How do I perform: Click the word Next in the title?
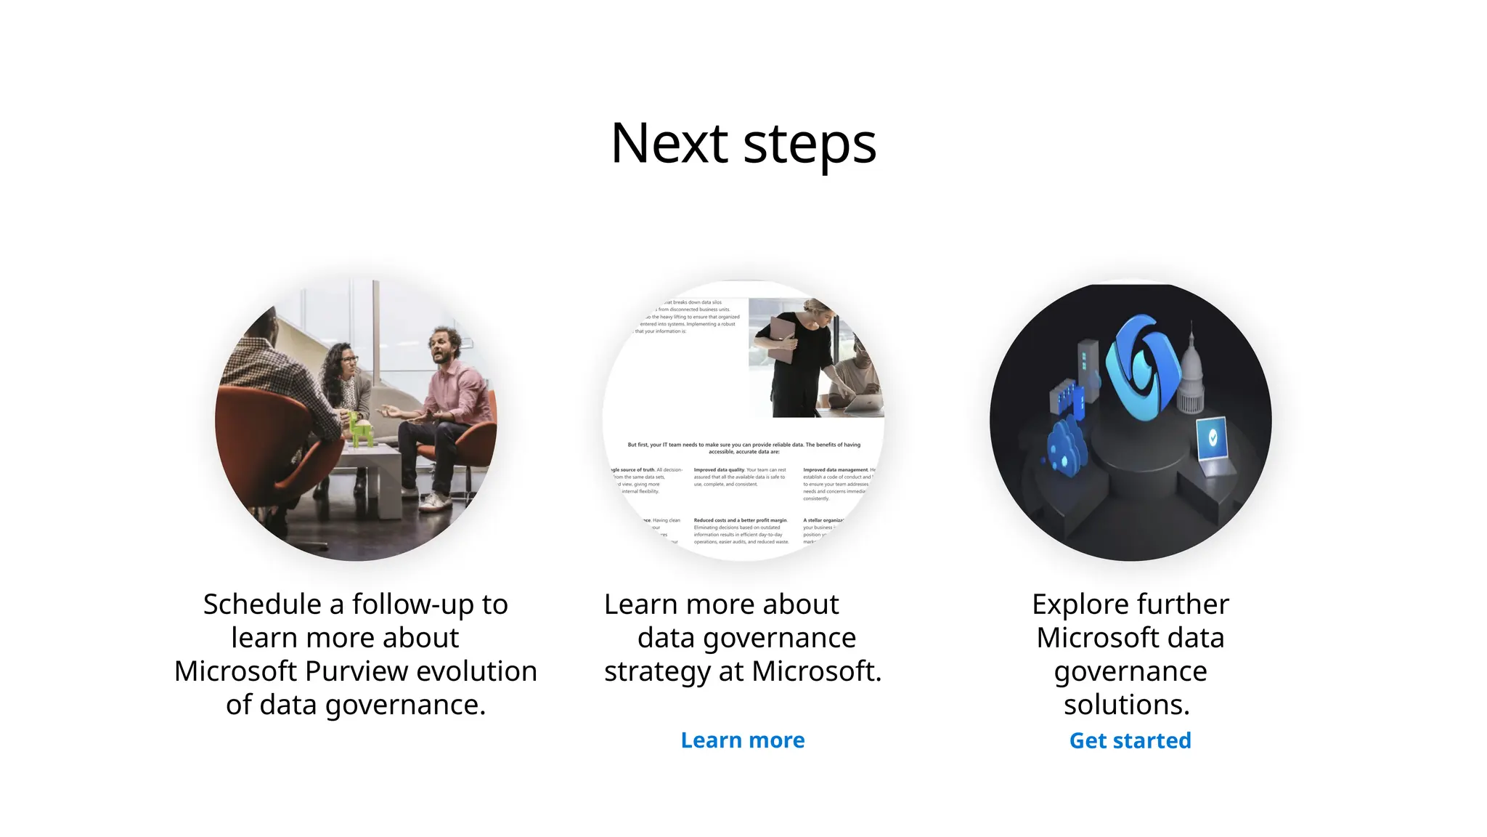coord(669,143)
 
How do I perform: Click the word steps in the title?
coord(810,145)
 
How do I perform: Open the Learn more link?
coord(742,740)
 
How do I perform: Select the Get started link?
coord(1130,740)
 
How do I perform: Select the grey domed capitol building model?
coord(1191,378)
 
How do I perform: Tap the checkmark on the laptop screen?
coord(1212,437)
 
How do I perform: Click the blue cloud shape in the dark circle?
coord(1064,445)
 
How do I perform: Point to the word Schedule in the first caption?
coord(262,604)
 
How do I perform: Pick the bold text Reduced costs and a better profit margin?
coord(740,520)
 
